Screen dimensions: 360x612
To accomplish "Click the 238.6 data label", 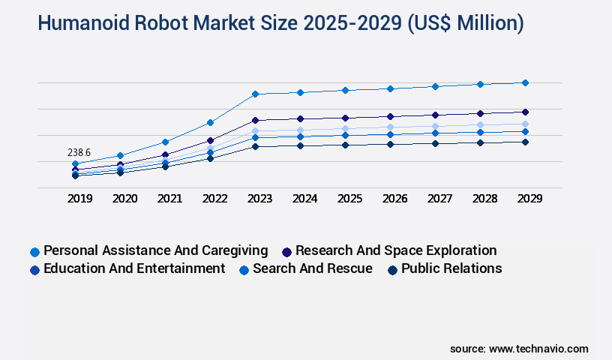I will pyautogui.click(x=79, y=153).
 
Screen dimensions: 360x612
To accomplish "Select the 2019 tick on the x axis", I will pyautogui.click(x=80, y=199).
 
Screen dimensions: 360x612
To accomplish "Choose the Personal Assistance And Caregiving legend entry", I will pyautogui.click(x=155, y=250).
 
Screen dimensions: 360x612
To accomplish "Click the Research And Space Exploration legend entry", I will pyautogui.click(x=395, y=250).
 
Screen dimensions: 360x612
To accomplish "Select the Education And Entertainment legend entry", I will pyautogui.click(x=134, y=268).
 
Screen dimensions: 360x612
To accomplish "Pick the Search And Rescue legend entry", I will pyautogui.click(x=312, y=268).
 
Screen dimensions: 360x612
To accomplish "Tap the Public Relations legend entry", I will pyautogui.click(x=451, y=268).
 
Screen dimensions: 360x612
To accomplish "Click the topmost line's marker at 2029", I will pyautogui.click(x=525, y=82).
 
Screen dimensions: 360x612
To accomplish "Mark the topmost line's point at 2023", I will pyautogui.click(x=255, y=94).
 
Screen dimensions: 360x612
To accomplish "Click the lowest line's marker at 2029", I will pyautogui.click(x=525, y=142).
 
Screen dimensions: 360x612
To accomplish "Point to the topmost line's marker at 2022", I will pyautogui.click(x=211, y=122).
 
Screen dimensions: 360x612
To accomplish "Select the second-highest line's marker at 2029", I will pyautogui.click(x=525, y=112).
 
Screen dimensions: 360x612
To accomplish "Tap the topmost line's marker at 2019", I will pyautogui.click(x=75, y=163).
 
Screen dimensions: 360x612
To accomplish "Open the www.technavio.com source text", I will pyautogui.click(x=538, y=349).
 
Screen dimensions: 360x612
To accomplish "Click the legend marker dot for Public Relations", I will pyautogui.click(x=391, y=269).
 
